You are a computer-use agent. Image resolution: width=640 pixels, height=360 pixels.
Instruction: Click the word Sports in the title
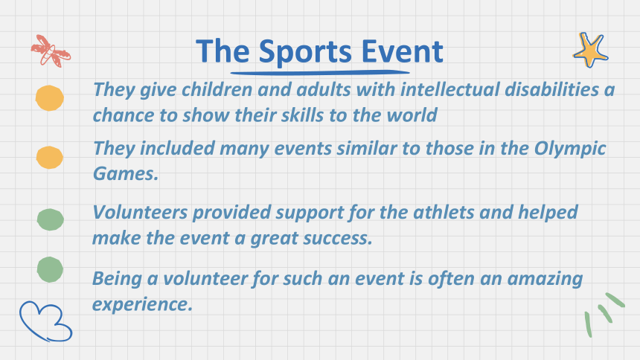[x=305, y=52]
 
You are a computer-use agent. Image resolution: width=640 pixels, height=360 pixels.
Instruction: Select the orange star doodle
[x=590, y=50]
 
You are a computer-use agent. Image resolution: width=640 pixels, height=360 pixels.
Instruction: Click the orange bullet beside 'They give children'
[x=50, y=98]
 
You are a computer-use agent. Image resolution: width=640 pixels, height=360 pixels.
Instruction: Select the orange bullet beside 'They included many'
[x=50, y=158]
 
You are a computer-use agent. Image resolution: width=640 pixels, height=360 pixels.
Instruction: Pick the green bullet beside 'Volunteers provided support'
[x=50, y=219]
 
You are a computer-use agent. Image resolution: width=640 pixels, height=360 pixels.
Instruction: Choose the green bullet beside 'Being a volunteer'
[x=50, y=269]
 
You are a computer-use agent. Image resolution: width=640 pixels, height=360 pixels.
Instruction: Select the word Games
[x=126, y=173]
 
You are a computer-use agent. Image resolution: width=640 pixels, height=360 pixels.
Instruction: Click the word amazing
[x=545, y=280]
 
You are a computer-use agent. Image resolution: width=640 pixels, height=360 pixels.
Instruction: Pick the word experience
[x=142, y=305]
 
